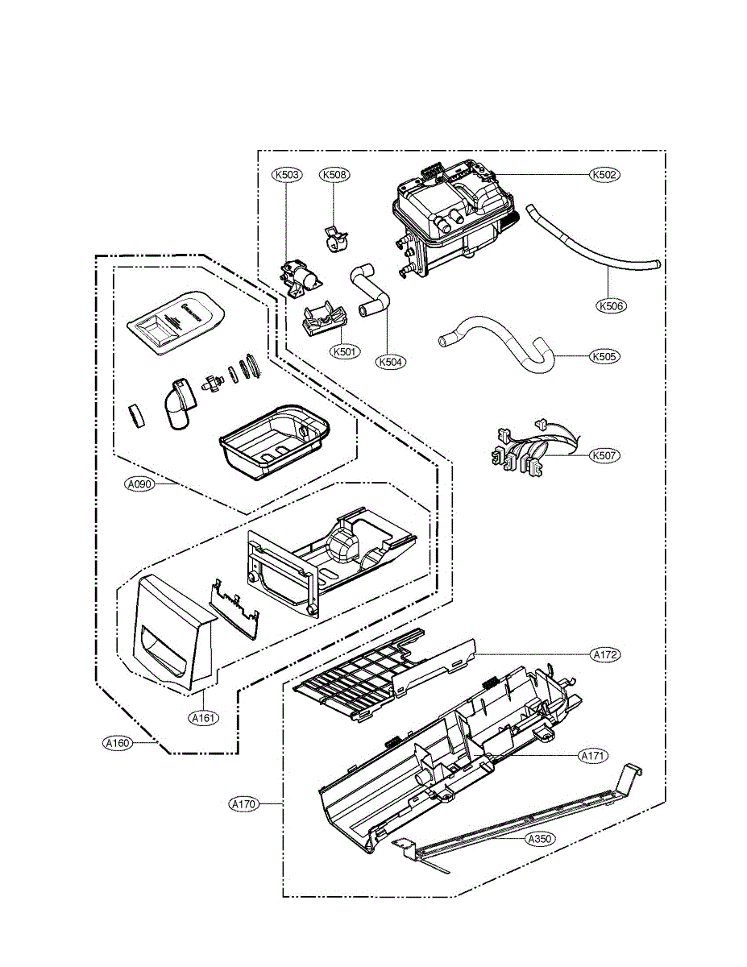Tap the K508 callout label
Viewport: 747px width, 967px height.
[x=335, y=174]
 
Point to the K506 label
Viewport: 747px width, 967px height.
[x=612, y=306]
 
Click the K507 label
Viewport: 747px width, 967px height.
[x=605, y=455]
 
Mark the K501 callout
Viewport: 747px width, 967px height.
[x=345, y=351]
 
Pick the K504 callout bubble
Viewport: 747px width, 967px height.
[x=392, y=362]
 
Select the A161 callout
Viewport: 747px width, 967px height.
[x=204, y=716]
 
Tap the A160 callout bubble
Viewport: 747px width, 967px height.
[x=118, y=743]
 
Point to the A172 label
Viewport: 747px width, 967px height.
[x=605, y=655]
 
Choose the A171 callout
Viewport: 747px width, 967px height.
[x=594, y=756]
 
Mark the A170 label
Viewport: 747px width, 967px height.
[x=244, y=803]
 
